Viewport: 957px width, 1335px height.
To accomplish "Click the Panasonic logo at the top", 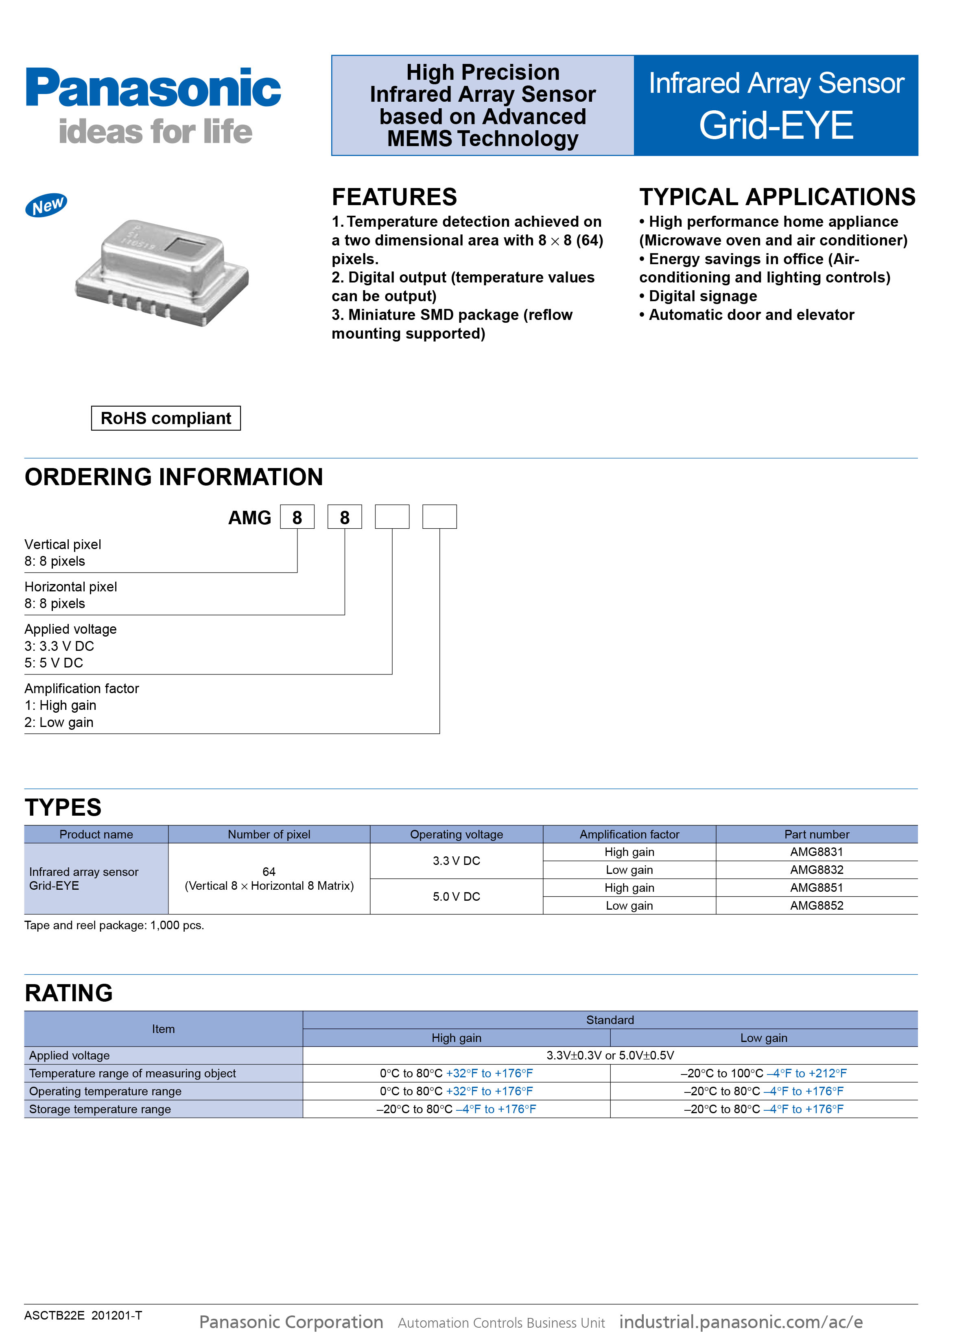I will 153,88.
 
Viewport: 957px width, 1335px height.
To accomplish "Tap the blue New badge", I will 46,205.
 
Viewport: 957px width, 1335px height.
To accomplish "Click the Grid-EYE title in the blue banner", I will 776,125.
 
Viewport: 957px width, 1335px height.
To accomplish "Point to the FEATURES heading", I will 394,197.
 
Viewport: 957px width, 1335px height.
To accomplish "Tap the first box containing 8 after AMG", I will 297,517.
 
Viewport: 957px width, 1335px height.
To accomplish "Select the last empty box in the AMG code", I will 439,517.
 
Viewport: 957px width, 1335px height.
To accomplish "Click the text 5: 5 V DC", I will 54,663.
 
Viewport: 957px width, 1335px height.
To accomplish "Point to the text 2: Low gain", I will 59,722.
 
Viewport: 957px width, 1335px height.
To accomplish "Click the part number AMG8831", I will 816,852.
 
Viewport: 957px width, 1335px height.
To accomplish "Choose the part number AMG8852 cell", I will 816,905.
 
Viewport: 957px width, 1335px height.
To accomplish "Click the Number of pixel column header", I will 269,834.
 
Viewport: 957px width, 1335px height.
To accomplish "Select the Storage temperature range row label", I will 100,1109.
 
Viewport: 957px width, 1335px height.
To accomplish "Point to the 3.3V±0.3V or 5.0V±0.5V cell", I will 610,1055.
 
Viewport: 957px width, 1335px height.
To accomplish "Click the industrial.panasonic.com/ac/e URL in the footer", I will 741,1322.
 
